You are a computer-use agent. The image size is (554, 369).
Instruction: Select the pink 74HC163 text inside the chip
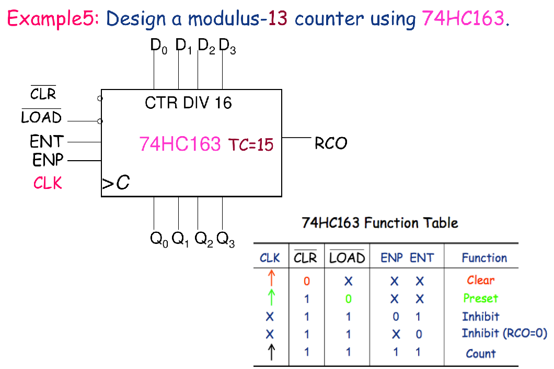[180, 143]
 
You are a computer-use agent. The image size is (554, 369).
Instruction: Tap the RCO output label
[331, 143]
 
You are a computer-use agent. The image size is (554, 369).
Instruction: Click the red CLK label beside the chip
[48, 183]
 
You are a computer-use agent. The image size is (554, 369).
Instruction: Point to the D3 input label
[227, 47]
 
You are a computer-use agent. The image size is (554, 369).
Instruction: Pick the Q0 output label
[159, 240]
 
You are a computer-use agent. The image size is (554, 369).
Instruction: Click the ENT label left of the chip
[47, 141]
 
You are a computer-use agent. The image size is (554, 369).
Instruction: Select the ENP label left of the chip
[48, 160]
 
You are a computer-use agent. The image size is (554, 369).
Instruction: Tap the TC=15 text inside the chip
[251, 144]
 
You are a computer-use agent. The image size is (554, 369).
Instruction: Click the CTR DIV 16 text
[188, 103]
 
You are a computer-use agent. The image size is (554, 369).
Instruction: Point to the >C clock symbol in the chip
[116, 183]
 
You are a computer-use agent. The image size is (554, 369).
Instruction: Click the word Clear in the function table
[480, 280]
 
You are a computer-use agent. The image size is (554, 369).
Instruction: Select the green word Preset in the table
[480, 298]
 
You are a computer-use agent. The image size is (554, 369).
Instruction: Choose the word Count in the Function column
[481, 353]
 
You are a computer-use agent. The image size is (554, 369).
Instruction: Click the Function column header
[484, 258]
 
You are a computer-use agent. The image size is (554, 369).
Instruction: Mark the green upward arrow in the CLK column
[270, 298]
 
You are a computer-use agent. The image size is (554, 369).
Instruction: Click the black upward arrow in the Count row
[270, 353]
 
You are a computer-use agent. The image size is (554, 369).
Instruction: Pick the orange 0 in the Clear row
[306, 281]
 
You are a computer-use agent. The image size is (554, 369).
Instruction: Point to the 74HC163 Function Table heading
[380, 223]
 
